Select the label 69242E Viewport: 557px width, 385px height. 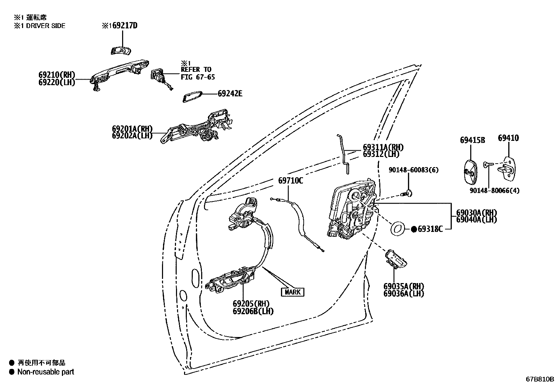click(x=230, y=94)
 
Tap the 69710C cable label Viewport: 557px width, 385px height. click(x=290, y=181)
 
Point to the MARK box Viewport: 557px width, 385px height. click(x=292, y=292)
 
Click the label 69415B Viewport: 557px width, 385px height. click(x=472, y=140)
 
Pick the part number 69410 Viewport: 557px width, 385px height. click(x=508, y=138)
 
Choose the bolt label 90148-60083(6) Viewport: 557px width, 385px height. click(x=414, y=170)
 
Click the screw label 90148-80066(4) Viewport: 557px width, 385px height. click(x=494, y=191)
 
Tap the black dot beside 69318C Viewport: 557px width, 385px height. click(x=414, y=229)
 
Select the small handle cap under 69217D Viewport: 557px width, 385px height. click(x=120, y=50)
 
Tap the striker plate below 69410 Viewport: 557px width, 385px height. click(x=507, y=169)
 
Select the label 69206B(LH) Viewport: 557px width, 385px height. click(x=253, y=311)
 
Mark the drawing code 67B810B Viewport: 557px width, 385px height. click(x=540, y=379)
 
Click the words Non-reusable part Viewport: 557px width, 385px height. click(x=45, y=372)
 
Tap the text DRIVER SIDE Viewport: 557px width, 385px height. click(x=45, y=26)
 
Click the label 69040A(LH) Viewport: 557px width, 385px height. click(x=476, y=219)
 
